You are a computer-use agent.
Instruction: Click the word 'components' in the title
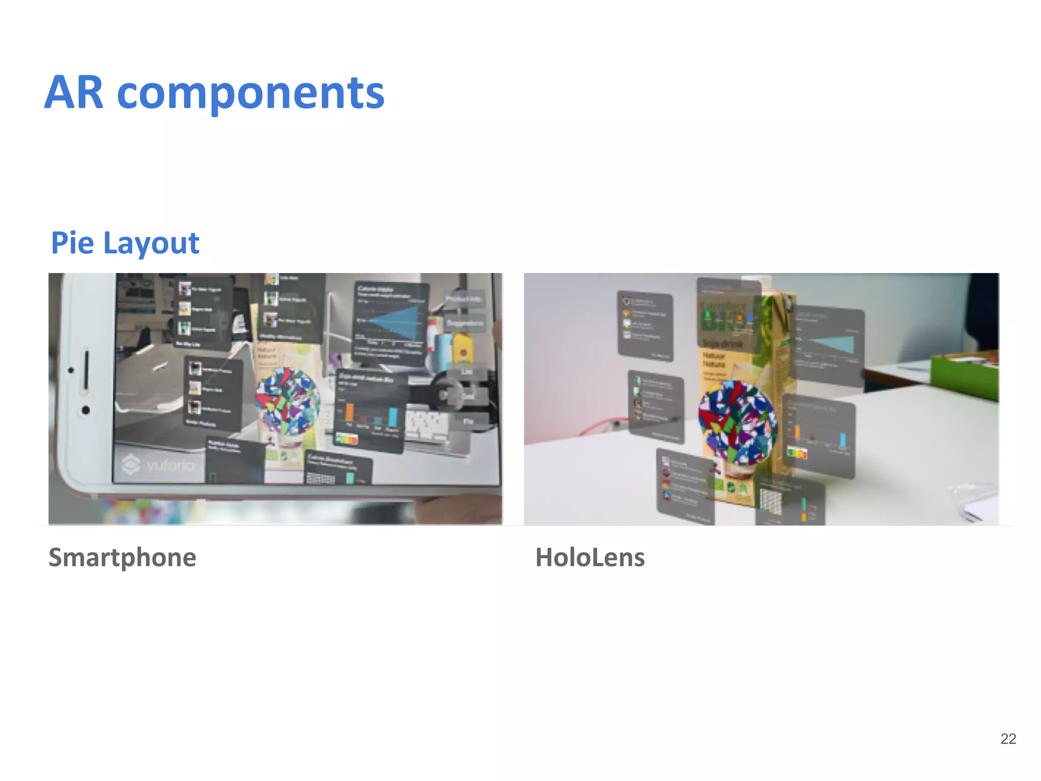(x=251, y=93)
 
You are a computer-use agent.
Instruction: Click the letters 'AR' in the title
(x=74, y=93)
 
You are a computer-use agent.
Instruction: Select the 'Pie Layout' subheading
(x=125, y=243)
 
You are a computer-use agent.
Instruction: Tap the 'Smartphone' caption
(x=122, y=557)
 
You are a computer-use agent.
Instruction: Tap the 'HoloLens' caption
(x=590, y=557)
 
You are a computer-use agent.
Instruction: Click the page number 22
(x=1008, y=739)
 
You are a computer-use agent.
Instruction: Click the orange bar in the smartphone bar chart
(x=350, y=413)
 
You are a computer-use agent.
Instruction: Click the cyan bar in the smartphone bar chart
(x=393, y=417)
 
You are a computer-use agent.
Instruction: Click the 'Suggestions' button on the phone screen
(x=465, y=323)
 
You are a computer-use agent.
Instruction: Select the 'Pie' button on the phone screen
(x=468, y=422)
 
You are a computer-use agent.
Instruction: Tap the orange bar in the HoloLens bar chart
(x=798, y=432)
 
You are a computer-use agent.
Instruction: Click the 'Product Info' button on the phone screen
(x=464, y=299)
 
